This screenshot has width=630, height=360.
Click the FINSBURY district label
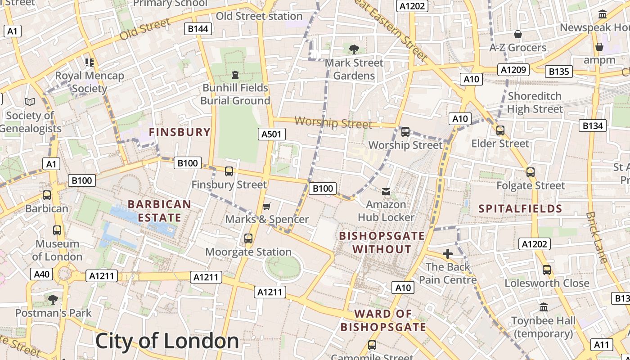[180, 132]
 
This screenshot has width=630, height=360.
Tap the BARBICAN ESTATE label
[159, 211]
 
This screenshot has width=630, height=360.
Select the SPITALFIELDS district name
[520, 208]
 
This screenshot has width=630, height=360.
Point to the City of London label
[167, 341]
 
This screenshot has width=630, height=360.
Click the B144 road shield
[198, 29]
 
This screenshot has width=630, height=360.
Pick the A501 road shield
[271, 134]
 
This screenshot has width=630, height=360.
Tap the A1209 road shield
[513, 69]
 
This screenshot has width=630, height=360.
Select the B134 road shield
[593, 126]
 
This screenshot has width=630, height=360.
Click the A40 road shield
[41, 274]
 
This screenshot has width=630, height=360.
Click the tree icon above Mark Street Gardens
[354, 49]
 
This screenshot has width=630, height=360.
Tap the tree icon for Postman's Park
[53, 299]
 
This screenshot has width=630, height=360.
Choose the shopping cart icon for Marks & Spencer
[267, 206]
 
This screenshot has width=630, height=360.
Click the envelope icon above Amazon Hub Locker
[386, 192]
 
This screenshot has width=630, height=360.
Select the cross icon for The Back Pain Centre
[447, 254]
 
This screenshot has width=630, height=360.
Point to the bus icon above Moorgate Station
[248, 238]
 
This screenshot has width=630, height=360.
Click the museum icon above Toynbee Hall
[544, 307]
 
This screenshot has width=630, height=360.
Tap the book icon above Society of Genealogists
[30, 102]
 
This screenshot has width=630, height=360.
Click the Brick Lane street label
[597, 237]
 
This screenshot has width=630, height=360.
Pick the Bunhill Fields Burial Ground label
[235, 94]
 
